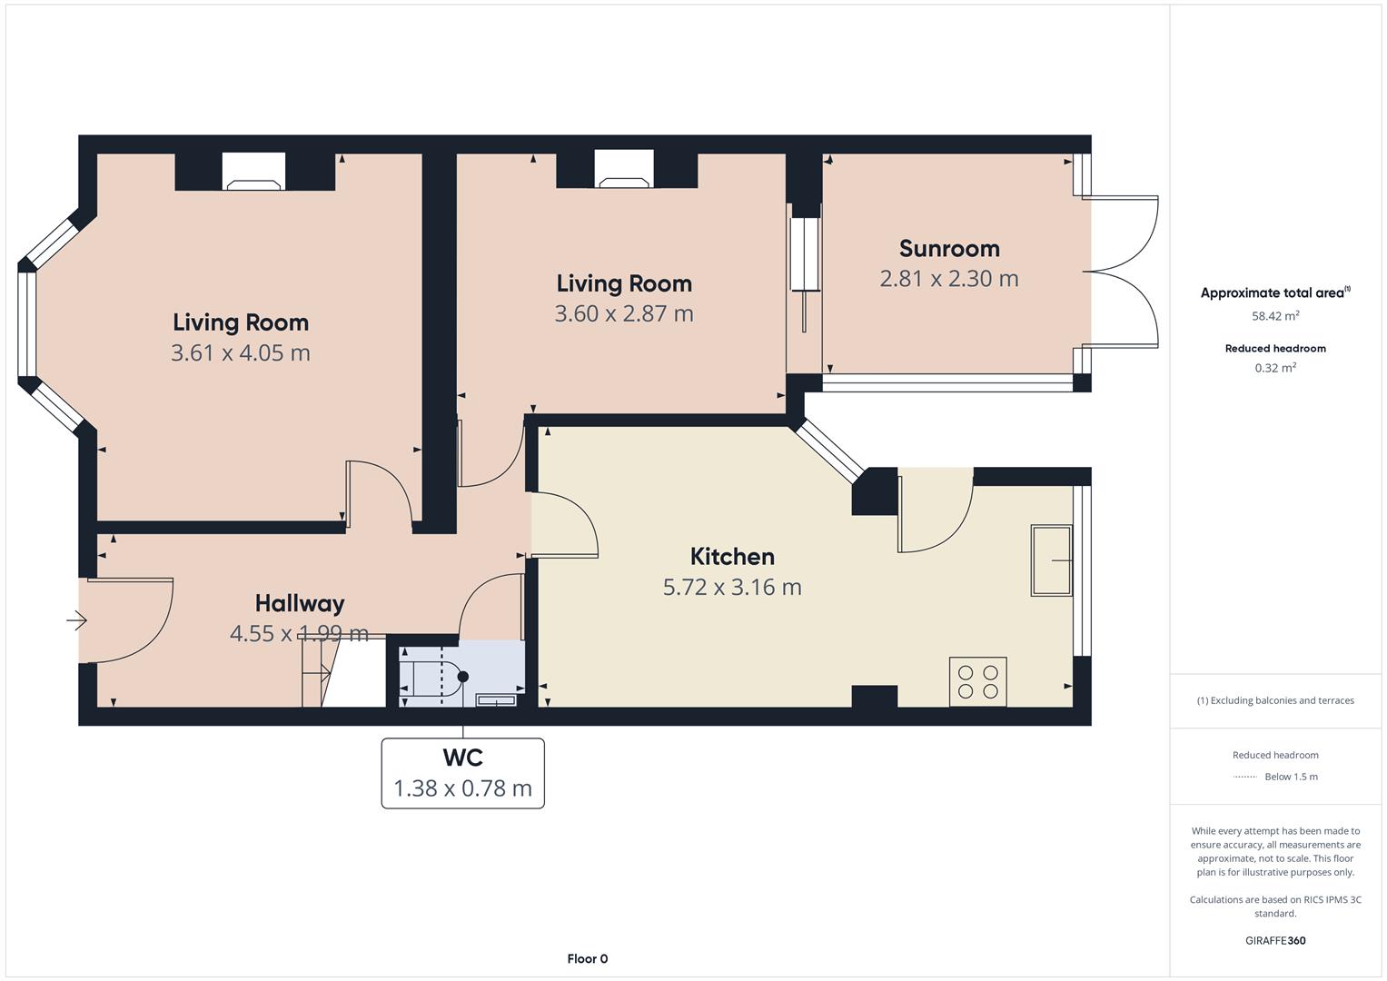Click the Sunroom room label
[x=949, y=248]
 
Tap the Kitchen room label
[x=732, y=556]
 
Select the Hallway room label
[x=300, y=604]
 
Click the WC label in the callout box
[x=462, y=757]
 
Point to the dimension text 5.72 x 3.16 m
[x=732, y=587]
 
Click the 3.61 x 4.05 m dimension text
[x=240, y=352]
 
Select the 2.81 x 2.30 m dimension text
[x=949, y=279]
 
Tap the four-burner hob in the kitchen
[x=977, y=681]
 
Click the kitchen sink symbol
[x=1052, y=560]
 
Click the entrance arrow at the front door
[x=77, y=619]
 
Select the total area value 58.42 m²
[x=1275, y=316]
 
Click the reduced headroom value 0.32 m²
[x=1275, y=368]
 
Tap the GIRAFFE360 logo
[x=1275, y=940]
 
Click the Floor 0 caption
[x=587, y=958]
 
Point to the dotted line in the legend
[x=1244, y=777]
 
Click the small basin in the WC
[x=495, y=699]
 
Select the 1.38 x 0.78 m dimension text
[x=462, y=788]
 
